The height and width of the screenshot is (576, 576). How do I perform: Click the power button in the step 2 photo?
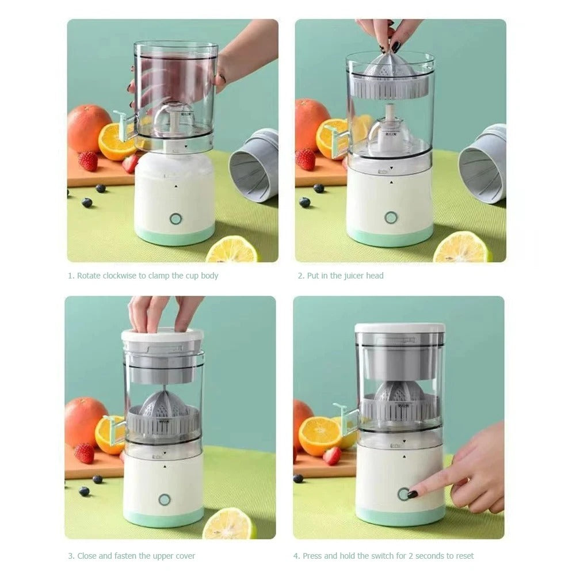tap(391, 218)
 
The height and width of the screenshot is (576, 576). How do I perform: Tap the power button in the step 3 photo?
tap(165, 499)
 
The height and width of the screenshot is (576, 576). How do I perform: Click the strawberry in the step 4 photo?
tap(332, 456)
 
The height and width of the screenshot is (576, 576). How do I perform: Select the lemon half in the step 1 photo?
tap(232, 250)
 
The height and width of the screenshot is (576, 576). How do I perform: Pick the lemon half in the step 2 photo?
tap(461, 248)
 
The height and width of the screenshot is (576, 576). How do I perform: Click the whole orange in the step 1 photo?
tap(88, 128)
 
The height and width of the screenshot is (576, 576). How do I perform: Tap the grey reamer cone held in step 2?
tap(390, 67)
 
